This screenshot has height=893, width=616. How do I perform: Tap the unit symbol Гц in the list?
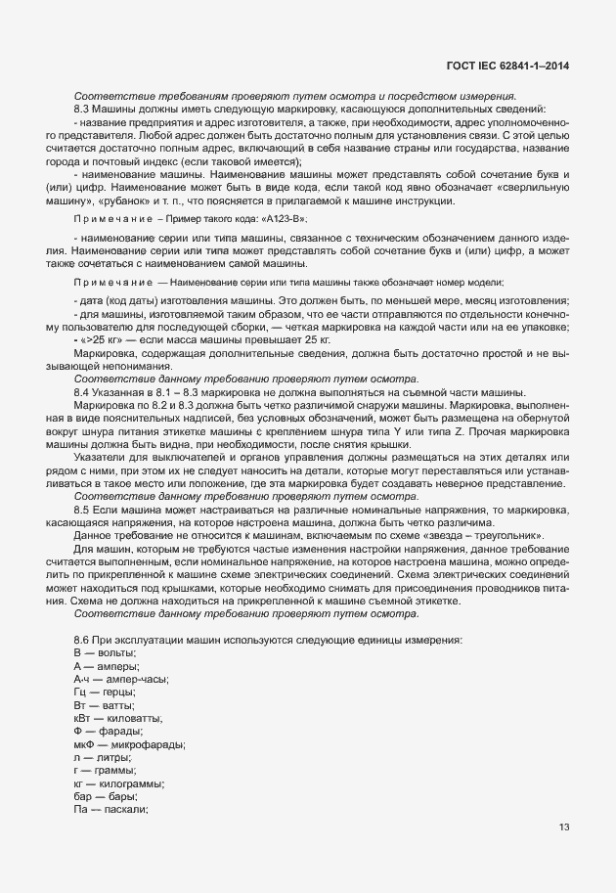pos(80,692)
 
